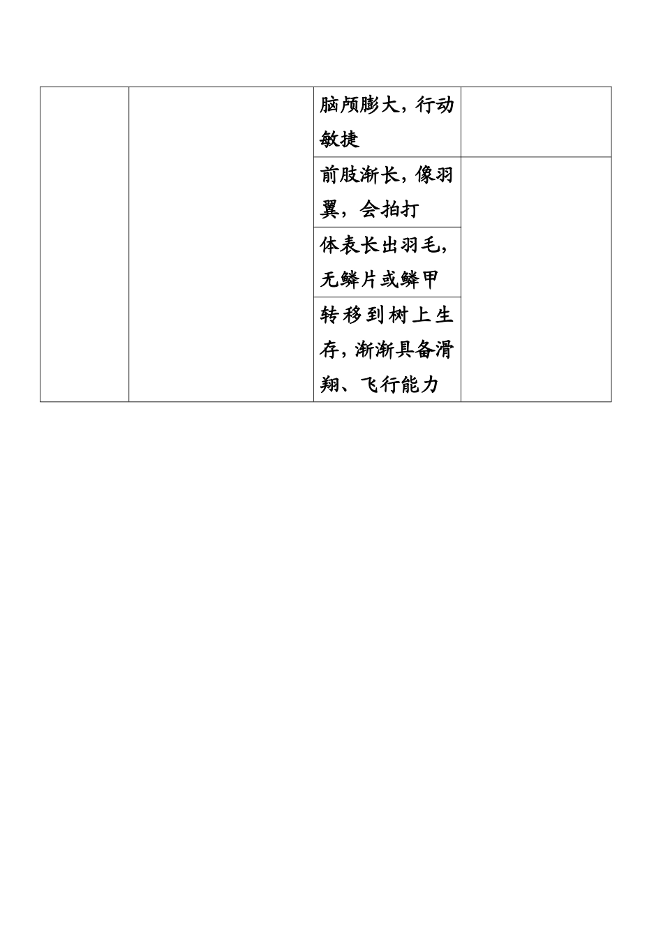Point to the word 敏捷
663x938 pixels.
[339, 140]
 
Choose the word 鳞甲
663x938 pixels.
[419, 280]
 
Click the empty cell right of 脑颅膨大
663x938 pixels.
[535, 122]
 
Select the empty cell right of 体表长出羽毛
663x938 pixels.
[535, 279]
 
